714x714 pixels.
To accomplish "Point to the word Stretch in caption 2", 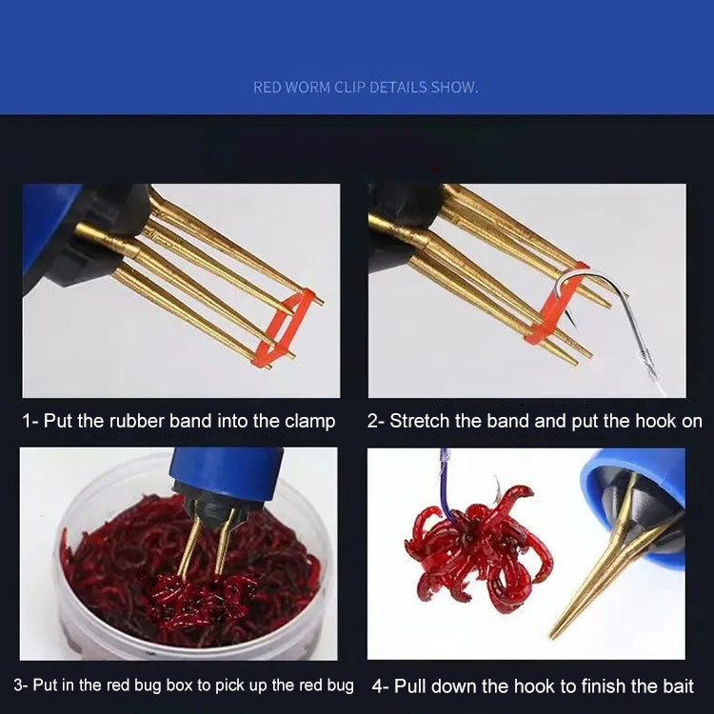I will (420, 421).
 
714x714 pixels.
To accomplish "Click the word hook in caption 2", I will (652, 421).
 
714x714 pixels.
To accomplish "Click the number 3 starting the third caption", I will (18, 685).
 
